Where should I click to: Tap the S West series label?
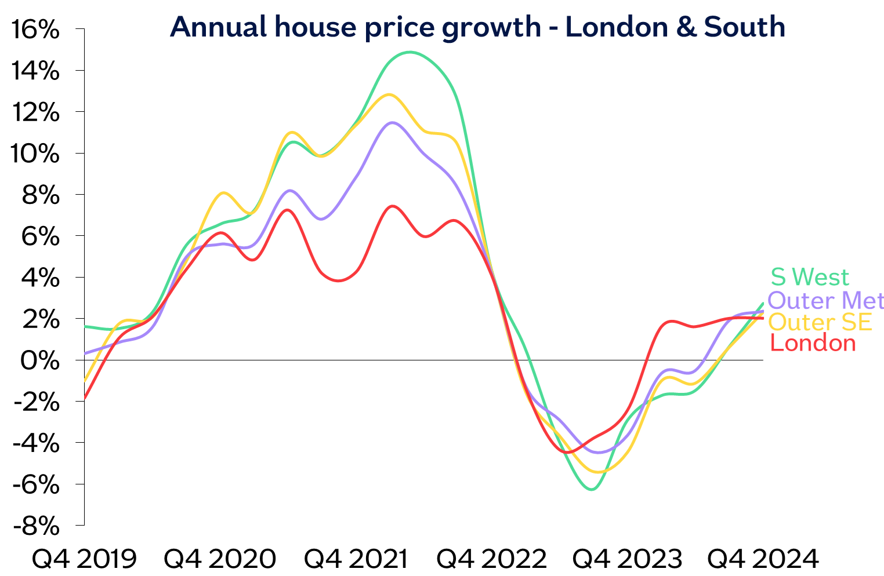(x=810, y=277)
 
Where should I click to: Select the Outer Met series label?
(x=826, y=301)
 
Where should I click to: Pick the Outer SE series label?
(x=821, y=322)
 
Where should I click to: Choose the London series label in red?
(x=813, y=343)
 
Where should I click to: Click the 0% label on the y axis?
(x=40, y=360)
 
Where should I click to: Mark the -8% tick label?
(x=36, y=526)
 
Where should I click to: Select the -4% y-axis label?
(x=36, y=443)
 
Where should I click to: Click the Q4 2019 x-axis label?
(x=84, y=559)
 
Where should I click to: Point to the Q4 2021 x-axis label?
(x=355, y=559)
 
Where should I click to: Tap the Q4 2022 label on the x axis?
(x=492, y=559)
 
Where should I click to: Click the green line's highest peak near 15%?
(x=410, y=52)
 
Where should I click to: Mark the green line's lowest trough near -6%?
(x=591, y=490)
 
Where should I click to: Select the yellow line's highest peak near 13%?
(x=388, y=94)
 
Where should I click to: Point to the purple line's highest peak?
(x=393, y=122)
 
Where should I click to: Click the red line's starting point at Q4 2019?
(x=85, y=399)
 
